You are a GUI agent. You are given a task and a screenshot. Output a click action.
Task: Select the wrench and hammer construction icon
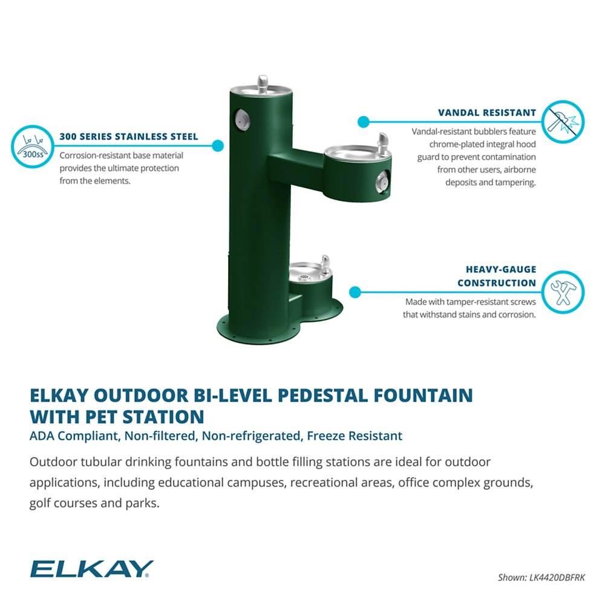563,292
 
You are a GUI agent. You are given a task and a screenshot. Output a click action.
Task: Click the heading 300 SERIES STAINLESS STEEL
129,137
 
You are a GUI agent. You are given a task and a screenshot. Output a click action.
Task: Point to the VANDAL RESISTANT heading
487,113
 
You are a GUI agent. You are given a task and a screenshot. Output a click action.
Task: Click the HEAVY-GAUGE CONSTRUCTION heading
497,276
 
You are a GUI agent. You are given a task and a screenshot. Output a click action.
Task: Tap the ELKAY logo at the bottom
91,569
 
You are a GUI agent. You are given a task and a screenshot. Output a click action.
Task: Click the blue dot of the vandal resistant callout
363,122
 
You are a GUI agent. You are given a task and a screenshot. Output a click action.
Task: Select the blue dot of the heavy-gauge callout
356,292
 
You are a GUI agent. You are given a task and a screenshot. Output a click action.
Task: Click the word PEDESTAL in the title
315,396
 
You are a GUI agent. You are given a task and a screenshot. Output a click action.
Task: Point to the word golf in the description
41,503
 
